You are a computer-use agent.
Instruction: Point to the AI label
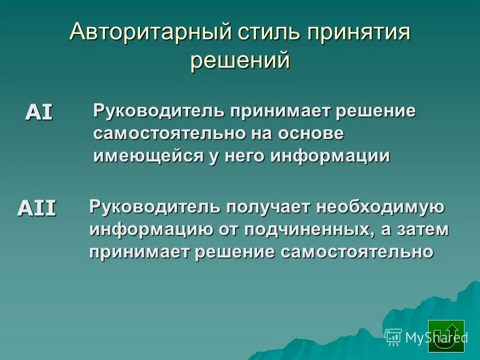pyautogui.click(x=39, y=112)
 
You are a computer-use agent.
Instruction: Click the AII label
pyautogui.click(x=37, y=207)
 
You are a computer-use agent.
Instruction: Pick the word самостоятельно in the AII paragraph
pyautogui.click(x=356, y=251)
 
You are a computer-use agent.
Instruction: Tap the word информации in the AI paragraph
pyautogui.click(x=330, y=156)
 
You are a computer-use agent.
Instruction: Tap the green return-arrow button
pyautogui.click(x=446, y=336)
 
